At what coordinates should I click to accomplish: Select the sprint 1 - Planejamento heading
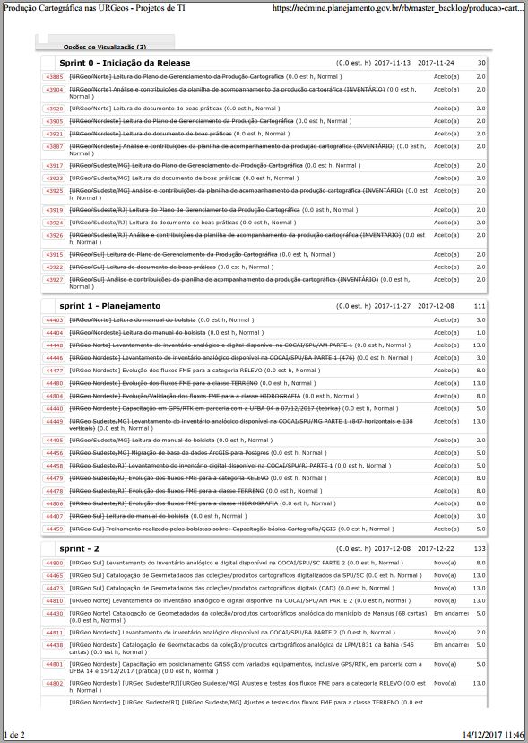click(x=110, y=306)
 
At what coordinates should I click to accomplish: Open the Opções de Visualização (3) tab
click(x=105, y=46)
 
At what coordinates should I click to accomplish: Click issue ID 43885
click(x=54, y=78)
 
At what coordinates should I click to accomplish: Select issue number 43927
click(x=54, y=279)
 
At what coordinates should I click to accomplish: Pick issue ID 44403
click(x=54, y=320)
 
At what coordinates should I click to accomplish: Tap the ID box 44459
click(x=54, y=529)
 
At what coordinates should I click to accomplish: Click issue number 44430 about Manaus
click(x=54, y=613)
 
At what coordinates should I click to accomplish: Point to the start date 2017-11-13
click(x=392, y=64)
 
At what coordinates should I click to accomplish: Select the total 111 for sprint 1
click(x=480, y=306)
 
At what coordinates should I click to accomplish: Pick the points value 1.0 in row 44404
click(x=480, y=332)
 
